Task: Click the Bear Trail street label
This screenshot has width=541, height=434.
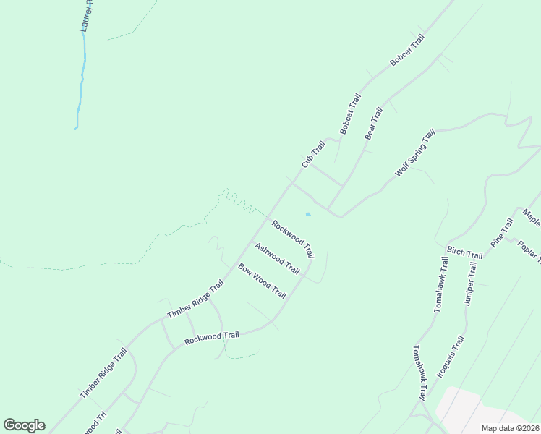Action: [x=373, y=124]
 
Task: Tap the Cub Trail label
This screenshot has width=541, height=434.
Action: [x=313, y=155]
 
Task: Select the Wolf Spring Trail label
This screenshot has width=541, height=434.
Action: [x=415, y=153]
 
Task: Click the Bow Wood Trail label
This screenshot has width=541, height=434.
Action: [x=262, y=281]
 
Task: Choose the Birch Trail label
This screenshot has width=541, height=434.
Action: [x=464, y=252]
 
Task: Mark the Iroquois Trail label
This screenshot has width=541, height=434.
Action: [x=450, y=356]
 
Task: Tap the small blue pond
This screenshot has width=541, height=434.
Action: [x=309, y=214]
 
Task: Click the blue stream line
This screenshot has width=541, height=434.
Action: [x=82, y=80]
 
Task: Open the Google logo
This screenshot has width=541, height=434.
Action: [x=24, y=425]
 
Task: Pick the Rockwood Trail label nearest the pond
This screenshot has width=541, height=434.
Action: [x=293, y=239]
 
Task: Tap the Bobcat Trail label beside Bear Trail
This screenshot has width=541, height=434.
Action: [x=350, y=114]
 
